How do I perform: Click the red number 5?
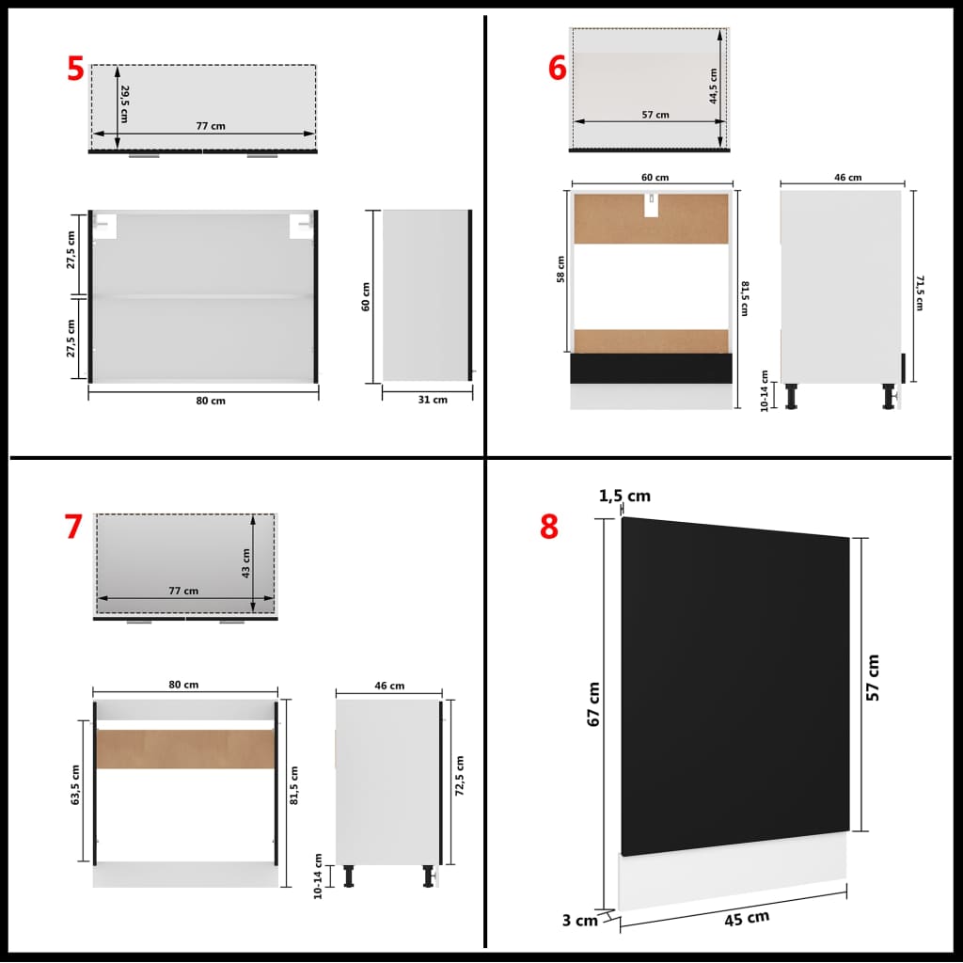pos(75,70)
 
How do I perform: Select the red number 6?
pos(558,69)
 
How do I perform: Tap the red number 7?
pos(73,528)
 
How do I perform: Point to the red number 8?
pos(549,528)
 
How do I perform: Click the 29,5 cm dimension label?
pos(124,103)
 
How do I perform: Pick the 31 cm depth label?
pos(433,400)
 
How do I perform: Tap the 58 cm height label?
pos(561,269)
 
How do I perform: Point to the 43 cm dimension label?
pos(245,562)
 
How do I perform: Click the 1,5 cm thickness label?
pos(625,497)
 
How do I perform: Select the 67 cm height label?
pos(592,704)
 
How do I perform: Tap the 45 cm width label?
pos(746,917)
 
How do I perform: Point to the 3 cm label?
pos(580,921)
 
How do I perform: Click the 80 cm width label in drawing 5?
pos(211,401)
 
